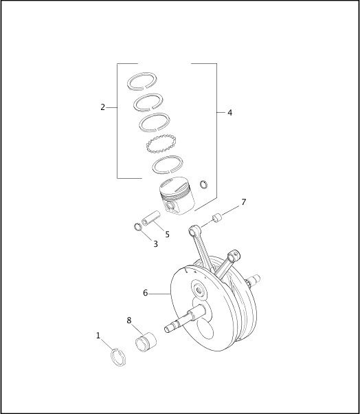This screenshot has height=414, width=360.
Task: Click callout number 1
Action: (x=98, y=336)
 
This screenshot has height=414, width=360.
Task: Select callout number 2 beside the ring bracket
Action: (x=102, y=107)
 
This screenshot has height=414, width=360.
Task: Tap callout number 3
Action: (x=155, y=243)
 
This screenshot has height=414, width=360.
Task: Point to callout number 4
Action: (x=229, y=112)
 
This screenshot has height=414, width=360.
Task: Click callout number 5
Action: (x=167, y=234)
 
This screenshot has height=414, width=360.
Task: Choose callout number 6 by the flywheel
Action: (x=146, y=293)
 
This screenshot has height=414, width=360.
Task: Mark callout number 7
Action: (x=243, y=202)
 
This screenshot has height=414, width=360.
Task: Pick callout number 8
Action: (x=129, y=320)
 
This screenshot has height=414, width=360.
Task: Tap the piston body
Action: (x=177, y=196)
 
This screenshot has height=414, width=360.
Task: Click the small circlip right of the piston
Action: (x=203, y=184)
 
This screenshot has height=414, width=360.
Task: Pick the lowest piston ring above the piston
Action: (x=167, y=165)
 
